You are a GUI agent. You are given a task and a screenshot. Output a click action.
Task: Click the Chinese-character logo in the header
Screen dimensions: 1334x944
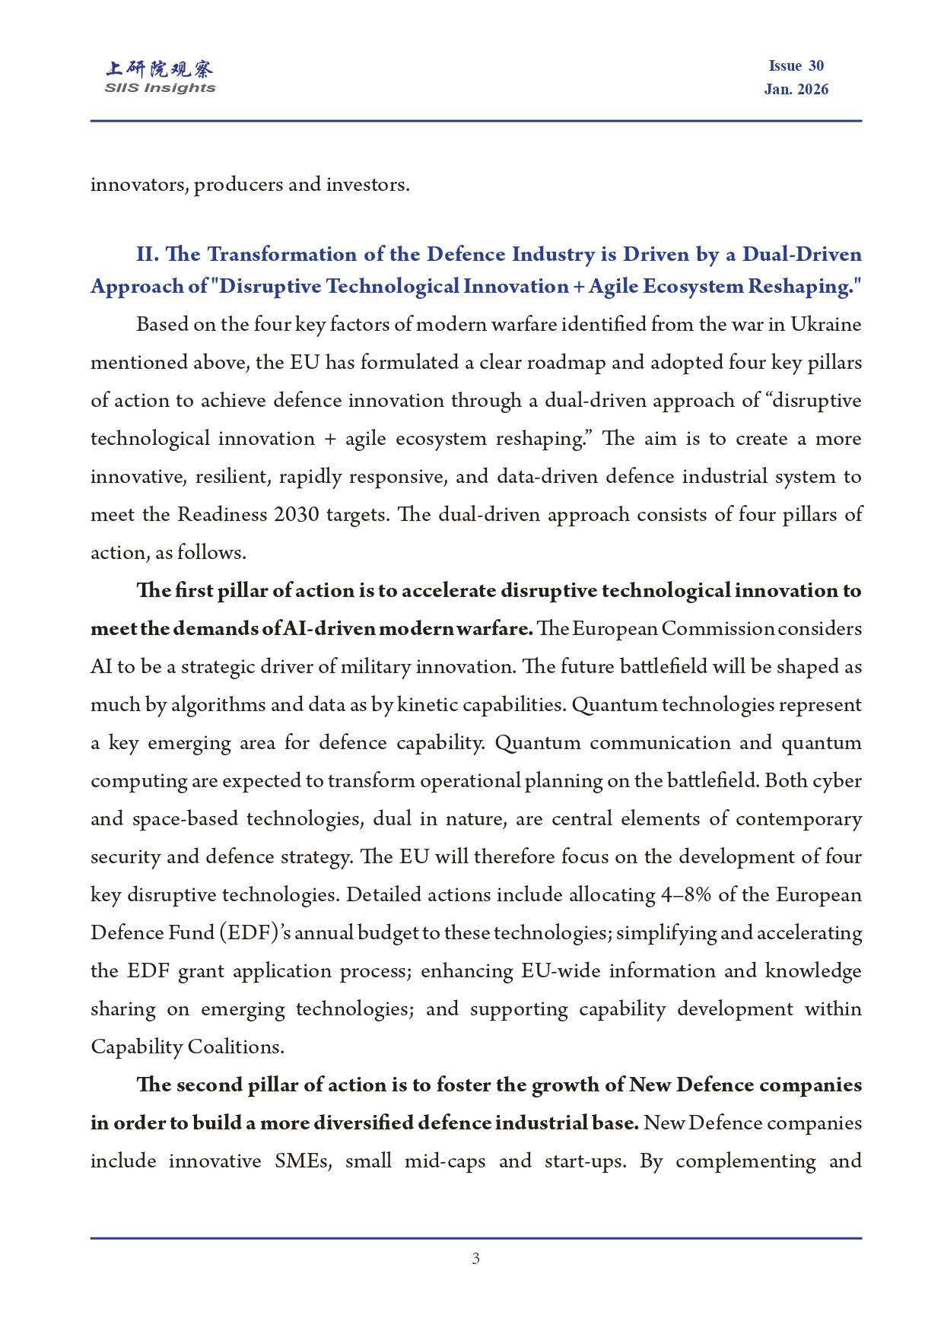[160, 69]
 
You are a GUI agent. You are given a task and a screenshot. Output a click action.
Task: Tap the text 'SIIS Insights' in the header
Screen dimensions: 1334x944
[160, 88]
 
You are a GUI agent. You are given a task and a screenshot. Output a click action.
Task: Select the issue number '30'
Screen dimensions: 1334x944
[815, 66]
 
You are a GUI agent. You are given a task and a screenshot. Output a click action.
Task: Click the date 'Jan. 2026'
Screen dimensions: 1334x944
[796, 90]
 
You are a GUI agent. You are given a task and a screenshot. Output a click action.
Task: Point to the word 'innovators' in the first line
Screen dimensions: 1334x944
[138, 185]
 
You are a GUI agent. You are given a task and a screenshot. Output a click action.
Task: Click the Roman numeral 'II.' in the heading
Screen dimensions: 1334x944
[147, 254]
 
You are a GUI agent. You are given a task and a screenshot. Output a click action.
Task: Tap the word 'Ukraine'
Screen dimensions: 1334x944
[825, 325]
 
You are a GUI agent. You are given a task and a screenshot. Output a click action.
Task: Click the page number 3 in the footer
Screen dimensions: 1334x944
[475, 1259]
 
